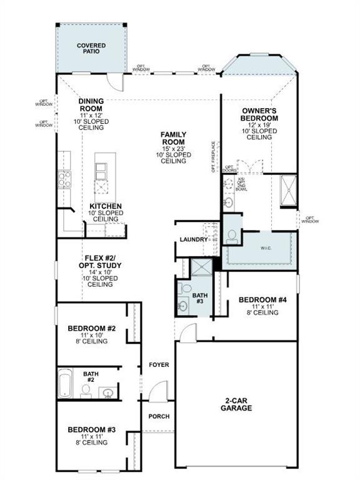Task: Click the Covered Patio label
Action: [x=91, y=49]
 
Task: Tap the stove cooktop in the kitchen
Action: [x=65, y=179]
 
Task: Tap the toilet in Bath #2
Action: [x=86, y=391]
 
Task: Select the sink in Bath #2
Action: [x=108, y=393]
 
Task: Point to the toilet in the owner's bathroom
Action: [x=232, y=235]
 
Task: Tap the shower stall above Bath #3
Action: [x=200, y=267]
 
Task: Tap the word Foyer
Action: [x=158, y=364]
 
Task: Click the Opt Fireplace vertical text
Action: [x=214, y=156]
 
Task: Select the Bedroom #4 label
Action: [x=262, y=300]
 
